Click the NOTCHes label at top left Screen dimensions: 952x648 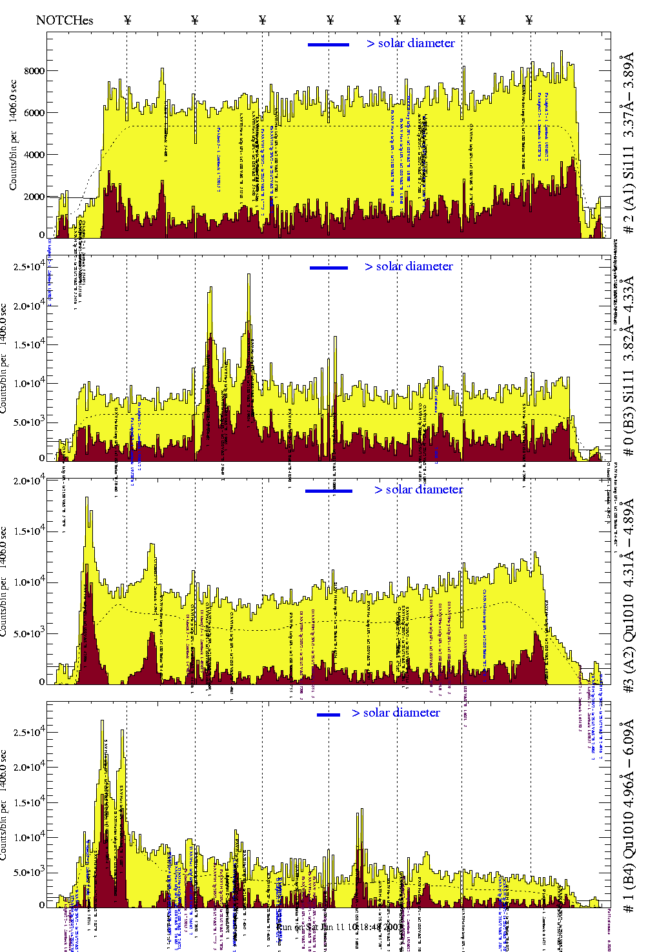65,20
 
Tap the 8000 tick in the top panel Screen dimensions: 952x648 34,71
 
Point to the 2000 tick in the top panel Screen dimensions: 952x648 34,197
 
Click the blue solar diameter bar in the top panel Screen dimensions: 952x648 329,45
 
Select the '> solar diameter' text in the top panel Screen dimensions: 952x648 411,43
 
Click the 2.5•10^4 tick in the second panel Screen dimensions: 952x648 28,266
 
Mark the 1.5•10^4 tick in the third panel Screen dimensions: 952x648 28,531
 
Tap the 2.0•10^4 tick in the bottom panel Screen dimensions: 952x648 28,768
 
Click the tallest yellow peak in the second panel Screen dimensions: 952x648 248,276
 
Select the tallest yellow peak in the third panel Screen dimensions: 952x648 86,499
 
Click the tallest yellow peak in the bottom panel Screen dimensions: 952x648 103,722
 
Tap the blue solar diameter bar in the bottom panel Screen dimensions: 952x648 329,715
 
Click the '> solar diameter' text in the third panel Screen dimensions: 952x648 419,490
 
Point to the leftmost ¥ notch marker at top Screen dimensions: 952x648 127,20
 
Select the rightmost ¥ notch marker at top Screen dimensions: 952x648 529,20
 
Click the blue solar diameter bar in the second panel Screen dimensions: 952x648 329,268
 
